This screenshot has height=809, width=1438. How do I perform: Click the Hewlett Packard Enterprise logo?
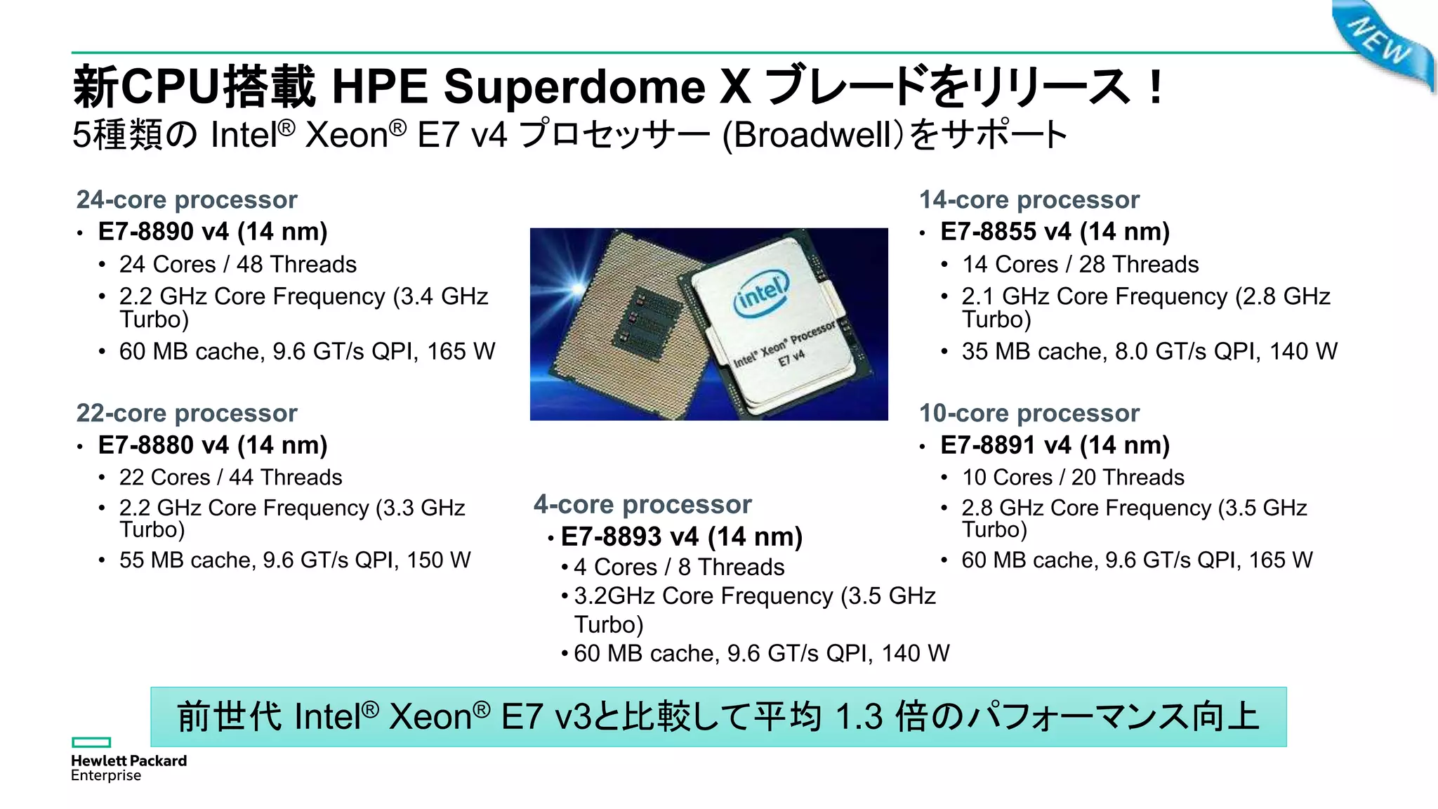pyautogui.click(x=128, y=760)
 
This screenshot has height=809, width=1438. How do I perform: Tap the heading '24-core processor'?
pyautogui.click(x=187, y=200)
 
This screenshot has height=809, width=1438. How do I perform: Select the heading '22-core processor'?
pyautogui.click(x=187, y=414)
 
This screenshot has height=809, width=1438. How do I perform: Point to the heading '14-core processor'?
pyautogui.click(x=1029, y=200)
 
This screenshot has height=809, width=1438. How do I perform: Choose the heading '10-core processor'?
pyautogui.click(x=1029, y=414)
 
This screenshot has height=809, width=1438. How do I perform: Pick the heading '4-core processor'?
pyautogui.click(x=642, y=505)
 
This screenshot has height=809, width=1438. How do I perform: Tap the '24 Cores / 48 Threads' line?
pyautogui.click(x=237, y=265)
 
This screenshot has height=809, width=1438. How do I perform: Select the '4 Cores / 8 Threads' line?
pyautogui.click(x=679, y=567)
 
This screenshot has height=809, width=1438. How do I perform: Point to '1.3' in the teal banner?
pyautogui.click(x=858, y=717)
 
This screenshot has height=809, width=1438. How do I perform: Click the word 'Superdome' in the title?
pyautogui.click(x=574, y=87)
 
